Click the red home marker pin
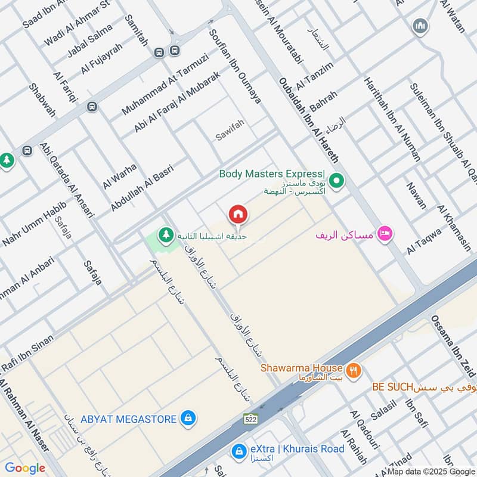[237, 214]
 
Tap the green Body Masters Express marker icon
[336, 179]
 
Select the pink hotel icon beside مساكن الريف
[385, 233]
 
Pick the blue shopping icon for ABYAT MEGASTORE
[188, 419]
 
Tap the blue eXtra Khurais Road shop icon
[239, 450]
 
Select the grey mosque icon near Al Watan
[420, 26]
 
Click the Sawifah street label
[230, 136]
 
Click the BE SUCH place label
[392, 387]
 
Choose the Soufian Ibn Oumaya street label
[235, 66]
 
